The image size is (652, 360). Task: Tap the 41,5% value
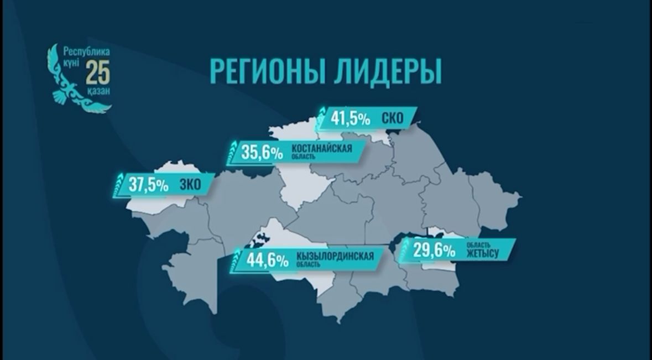[x=351, y=118]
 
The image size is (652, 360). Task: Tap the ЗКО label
[x=190, y=185]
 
